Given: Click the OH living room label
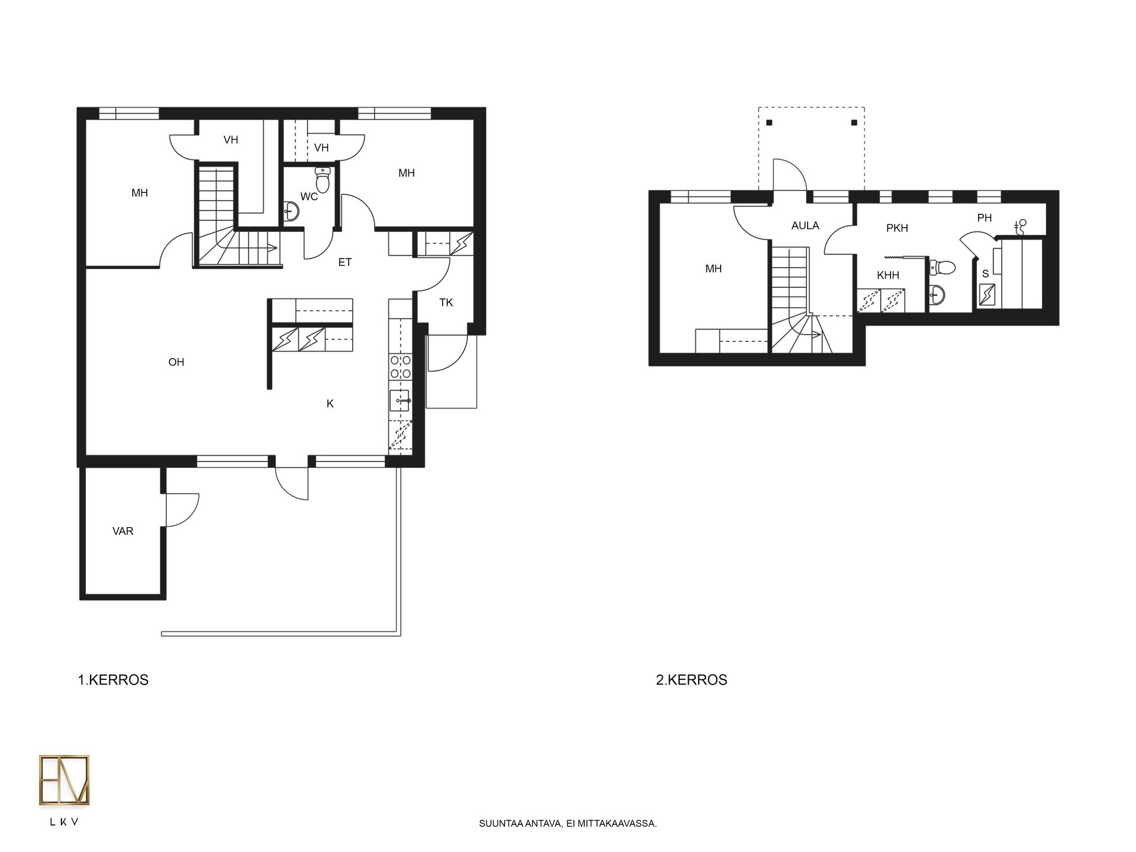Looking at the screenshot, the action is coord(176,362).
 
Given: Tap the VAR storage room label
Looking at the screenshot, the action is coord(123,531).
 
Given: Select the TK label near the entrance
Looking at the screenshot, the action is coord(446,303).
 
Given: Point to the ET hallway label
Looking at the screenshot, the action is coord(345,262).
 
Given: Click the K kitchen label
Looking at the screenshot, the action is coord(330,404).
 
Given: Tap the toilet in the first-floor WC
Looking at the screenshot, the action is coord(322,180).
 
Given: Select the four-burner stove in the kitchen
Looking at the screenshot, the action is coord(400,366).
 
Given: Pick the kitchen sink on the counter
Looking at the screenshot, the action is coord(400,401).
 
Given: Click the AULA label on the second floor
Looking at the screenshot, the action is coord(805,226).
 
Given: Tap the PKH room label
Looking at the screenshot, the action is coord(897,228).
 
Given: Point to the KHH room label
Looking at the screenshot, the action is coord(888,275).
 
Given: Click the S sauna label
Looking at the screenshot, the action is coord(985,274).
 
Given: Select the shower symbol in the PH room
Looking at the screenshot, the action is coord(1020,226).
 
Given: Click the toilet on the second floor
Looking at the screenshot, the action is coord(943,268).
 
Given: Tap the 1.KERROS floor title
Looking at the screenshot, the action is coord(113,680).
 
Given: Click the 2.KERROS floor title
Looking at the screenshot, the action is coord(692,680).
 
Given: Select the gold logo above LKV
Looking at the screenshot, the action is coord(64,780).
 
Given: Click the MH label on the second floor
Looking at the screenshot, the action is coord(714,269).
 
